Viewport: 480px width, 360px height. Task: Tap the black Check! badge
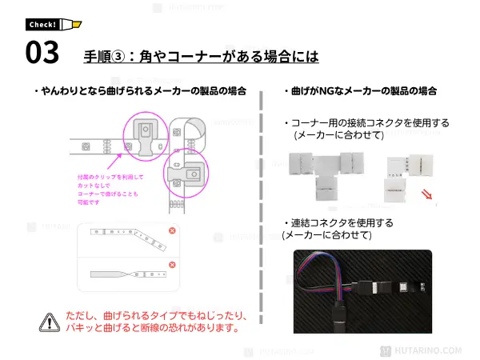43,24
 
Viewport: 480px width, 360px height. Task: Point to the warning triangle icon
50,322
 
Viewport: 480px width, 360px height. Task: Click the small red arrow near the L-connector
429,195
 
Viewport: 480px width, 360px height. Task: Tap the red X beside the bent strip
172,231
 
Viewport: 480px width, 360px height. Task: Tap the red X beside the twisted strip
172,265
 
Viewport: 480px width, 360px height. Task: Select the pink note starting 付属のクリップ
106,189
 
